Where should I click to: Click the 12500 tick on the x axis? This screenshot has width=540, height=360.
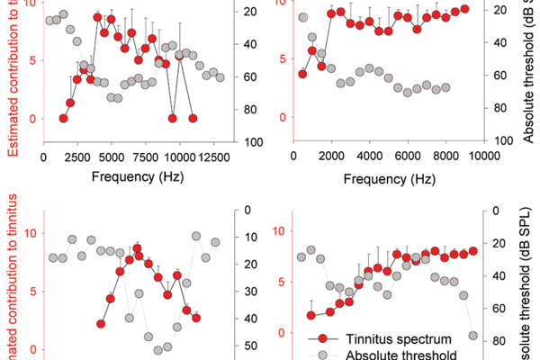(212, 157)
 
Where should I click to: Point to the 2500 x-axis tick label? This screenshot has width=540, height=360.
(77, 157)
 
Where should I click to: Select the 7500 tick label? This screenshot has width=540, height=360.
(146, 157)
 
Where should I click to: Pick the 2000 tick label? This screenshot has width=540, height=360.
(331, 156)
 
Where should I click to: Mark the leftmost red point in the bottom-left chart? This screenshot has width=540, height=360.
(102, 324)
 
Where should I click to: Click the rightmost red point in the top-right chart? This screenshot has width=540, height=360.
(464, 9)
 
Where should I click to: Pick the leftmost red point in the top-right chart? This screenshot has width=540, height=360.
(302, 74)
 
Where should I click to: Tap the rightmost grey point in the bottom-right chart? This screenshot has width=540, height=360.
(473, 336)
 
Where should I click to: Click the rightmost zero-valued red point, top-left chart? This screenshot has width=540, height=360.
(193, 118)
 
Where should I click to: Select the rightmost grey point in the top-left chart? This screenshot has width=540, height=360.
(220, 78)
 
